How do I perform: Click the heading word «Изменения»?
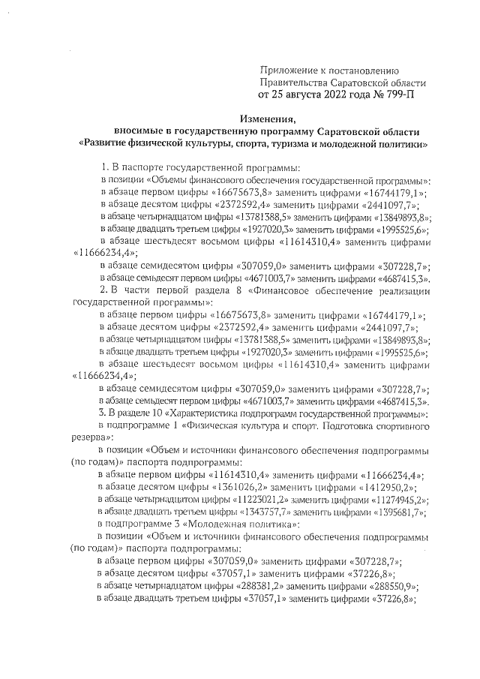(268, 118)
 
